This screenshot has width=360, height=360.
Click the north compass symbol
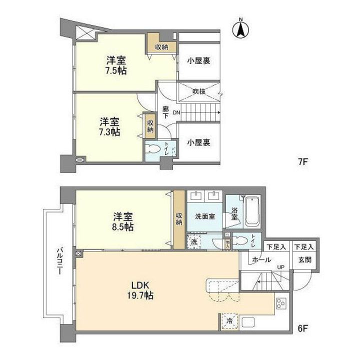click(240, 28)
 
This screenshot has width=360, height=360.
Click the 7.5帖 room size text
click(116, 70)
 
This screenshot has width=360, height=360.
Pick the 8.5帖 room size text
click(122, 226)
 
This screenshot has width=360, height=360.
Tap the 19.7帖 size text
click(139, 295)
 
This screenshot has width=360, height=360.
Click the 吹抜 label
click(199, 91)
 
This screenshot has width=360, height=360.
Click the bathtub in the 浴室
click(252, 212)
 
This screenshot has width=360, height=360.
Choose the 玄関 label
click(304, 259)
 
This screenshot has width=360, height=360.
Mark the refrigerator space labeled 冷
click(229, 320)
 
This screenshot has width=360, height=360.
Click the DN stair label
click(176, 113)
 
